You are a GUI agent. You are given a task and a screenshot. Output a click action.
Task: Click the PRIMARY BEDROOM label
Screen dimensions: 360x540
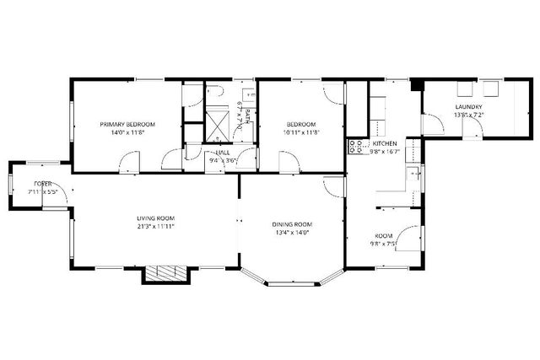127,124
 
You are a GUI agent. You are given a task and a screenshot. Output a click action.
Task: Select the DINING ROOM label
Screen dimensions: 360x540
292,223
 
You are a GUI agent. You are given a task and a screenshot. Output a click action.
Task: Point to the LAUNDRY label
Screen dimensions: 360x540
468,107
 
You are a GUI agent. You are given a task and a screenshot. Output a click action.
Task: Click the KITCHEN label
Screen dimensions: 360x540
385,143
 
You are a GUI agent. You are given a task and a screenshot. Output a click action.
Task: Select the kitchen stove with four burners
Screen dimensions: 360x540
354,147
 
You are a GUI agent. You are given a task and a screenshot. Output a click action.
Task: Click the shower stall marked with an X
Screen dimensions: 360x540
218,125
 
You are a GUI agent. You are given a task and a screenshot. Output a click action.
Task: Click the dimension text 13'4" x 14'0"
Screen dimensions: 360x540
292,232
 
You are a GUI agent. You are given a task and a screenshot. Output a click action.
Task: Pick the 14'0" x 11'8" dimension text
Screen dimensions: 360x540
127,132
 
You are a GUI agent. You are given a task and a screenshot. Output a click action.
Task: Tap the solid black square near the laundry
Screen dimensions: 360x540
415,84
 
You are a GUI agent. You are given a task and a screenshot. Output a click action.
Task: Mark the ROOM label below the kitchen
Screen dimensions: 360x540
385,236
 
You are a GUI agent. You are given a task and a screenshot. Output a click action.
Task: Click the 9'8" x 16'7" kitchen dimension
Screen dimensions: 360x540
385,152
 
